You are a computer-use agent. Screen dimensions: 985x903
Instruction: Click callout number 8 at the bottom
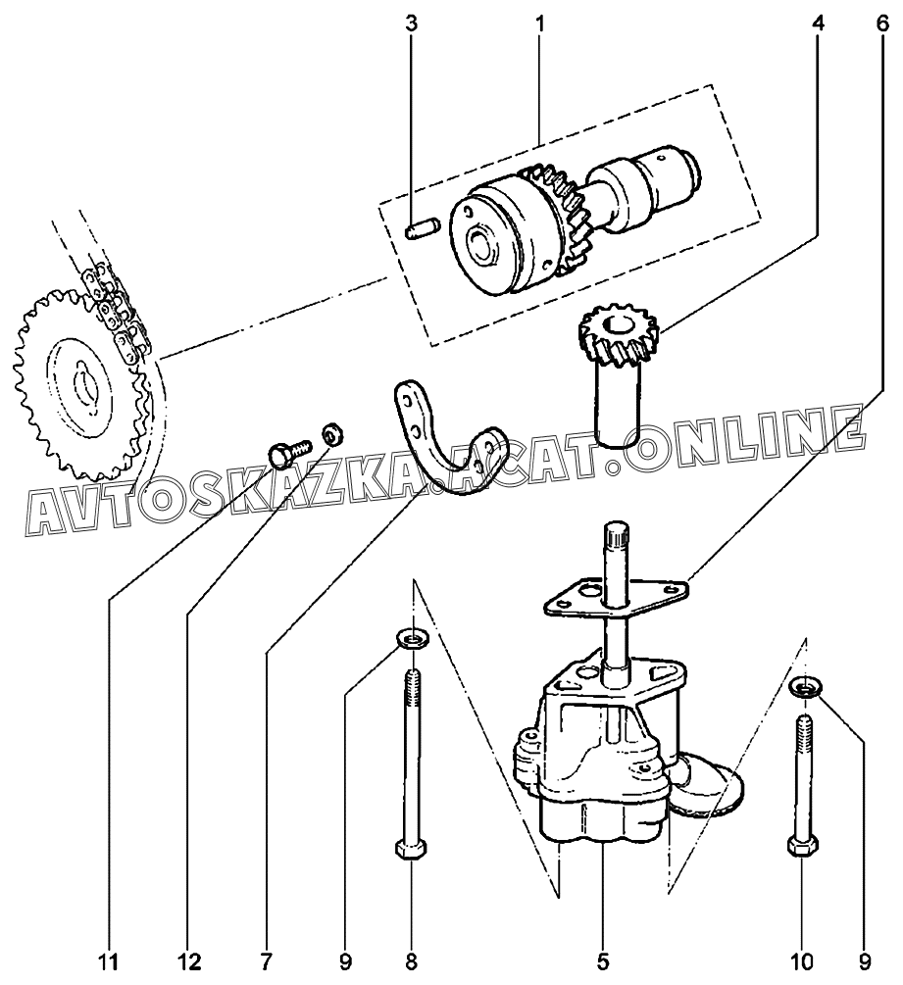tap(412, 960)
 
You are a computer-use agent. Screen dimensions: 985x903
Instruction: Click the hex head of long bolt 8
tap(411, 848)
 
